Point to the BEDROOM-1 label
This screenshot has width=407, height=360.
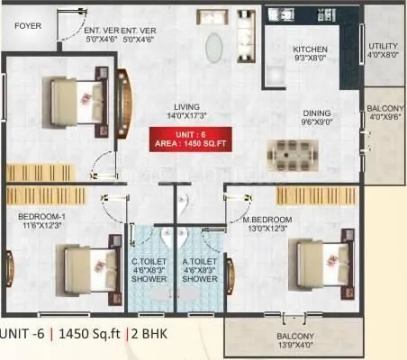tap(42, 217)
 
